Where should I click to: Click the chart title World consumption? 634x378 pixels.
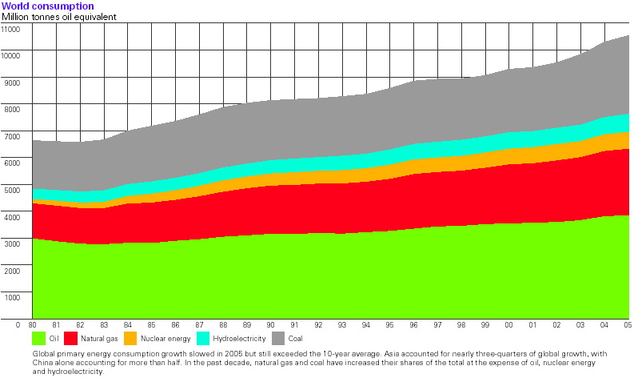coord(48,6)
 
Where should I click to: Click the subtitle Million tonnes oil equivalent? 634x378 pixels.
coord(58,17)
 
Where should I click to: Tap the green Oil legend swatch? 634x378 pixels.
coord(39,339)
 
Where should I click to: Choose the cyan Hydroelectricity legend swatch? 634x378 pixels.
coord(202,339)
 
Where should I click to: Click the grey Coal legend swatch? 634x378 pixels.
coord(278,339)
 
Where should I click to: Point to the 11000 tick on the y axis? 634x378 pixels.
coord(10,29)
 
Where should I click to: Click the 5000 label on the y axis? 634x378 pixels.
coord(12,190)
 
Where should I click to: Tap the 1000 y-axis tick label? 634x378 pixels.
coord(12,297)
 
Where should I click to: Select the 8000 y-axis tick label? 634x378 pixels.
coord(12,109)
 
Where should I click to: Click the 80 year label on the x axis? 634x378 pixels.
coord(32,324)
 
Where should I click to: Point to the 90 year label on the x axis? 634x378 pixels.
coord(270,324)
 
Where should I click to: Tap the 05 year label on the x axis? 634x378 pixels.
coord(628,324)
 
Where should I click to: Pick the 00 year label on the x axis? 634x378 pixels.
coord(508,324)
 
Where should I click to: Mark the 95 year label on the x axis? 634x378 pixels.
coord(389,324)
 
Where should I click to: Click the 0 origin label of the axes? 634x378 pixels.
coord(18,324)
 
